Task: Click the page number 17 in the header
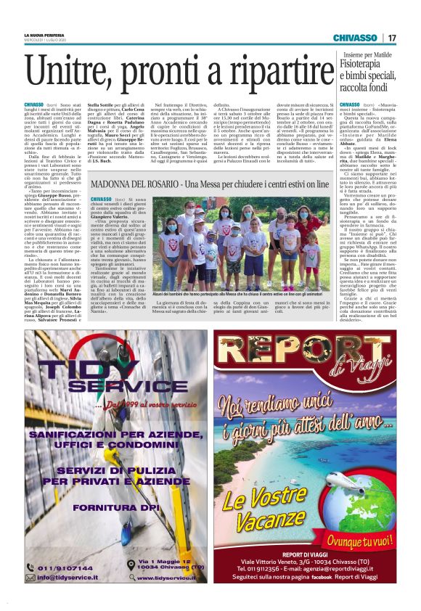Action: (392, 38)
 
